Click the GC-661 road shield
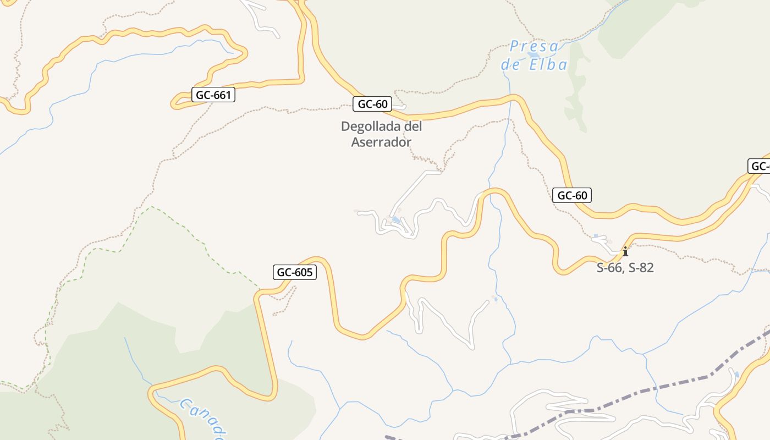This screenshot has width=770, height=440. pos(213,95)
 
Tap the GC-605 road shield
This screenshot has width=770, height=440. pos(295,272)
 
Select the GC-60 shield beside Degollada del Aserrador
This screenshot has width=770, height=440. pos(372,104)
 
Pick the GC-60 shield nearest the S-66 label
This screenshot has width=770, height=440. pos(572,195)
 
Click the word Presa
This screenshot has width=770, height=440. pos(534,46)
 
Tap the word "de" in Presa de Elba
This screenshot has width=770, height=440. pos(511,65)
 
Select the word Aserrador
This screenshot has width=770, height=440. pos(381,142)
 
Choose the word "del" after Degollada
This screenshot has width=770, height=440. pos(413,127)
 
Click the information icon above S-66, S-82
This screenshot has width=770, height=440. pos(625,252)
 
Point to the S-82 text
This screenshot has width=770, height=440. pos(641,268)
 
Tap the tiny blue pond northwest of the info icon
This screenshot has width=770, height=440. pos(595,237)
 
